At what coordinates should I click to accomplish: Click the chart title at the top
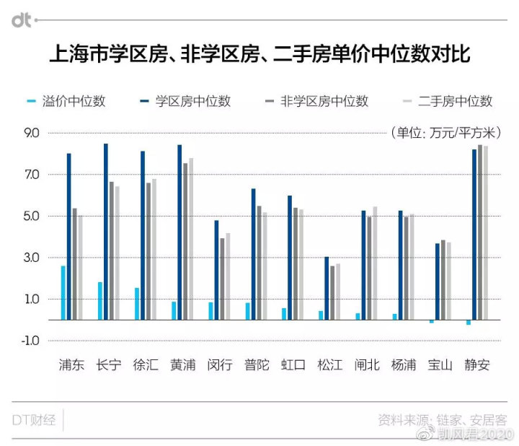pos(259,55)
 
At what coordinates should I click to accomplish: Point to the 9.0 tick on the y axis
pos(34,134)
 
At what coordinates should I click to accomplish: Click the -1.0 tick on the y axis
pos(32,341)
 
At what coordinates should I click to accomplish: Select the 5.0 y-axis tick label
pos(34,217)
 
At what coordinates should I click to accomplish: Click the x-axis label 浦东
pos(72,365)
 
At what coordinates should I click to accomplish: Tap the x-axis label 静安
pos(478,365)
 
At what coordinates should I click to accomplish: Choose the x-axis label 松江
pos(330,365)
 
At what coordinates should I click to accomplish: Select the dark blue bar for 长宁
pos(106,231)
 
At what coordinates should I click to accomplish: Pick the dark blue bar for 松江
pos(327,288)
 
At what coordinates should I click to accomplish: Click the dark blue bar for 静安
pos(474,234)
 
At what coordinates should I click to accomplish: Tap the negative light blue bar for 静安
pos(469,322)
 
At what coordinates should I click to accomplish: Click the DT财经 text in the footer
pos(34,419)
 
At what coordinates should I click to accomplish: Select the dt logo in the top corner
pos(21,21)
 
